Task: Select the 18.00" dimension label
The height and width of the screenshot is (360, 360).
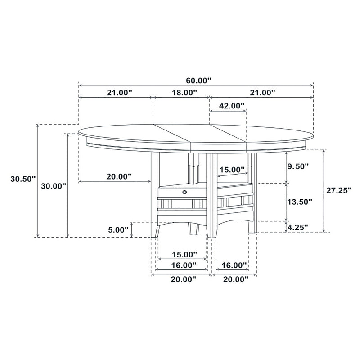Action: point(184,93)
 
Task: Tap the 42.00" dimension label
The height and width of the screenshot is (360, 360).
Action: point(231,106)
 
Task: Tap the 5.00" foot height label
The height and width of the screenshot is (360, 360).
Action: point(119,229)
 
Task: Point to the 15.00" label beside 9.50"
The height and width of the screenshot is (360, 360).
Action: point(231,170)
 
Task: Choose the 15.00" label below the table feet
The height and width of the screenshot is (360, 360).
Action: point(184,254)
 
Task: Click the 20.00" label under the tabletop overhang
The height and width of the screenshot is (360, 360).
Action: point(119,176)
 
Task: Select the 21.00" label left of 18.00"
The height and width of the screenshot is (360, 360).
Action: point(119,93)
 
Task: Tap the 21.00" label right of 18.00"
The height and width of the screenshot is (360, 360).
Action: point(262,93)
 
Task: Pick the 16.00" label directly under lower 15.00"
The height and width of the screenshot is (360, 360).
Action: point(184,265)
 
